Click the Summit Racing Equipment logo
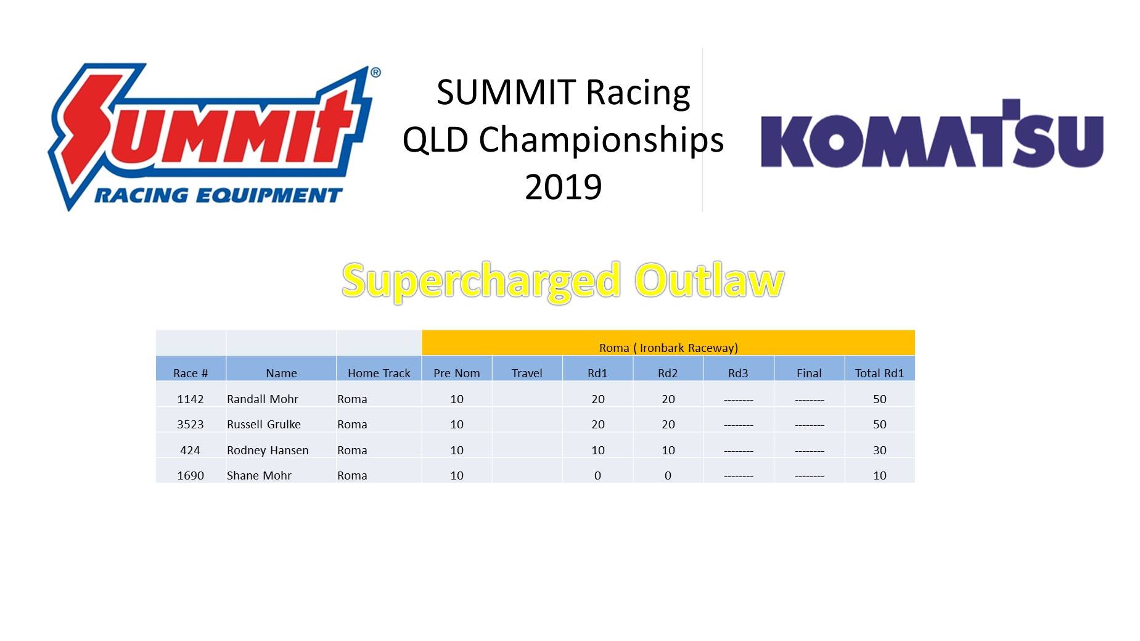pos(215,137)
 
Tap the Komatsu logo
pos(932,134)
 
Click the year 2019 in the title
pos(563,187)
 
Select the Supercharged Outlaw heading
pos(563,280)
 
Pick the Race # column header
pos(191,373)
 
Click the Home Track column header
pos(379,373)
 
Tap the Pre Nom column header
pos(457,373)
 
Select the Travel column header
pos(527,373)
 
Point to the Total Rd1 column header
pos(880,373)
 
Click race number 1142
pos(191,399)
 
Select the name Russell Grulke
pos(264,424)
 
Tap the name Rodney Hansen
pos(268,450)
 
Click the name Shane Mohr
pos(259,475)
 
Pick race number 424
pos(191,450)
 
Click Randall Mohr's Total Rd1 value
pos(880,399)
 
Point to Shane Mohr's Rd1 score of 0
pos(597,475)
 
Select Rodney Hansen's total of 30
pos(880,450)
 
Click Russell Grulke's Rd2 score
pos(668,424)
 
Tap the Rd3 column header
pos(738,373)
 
